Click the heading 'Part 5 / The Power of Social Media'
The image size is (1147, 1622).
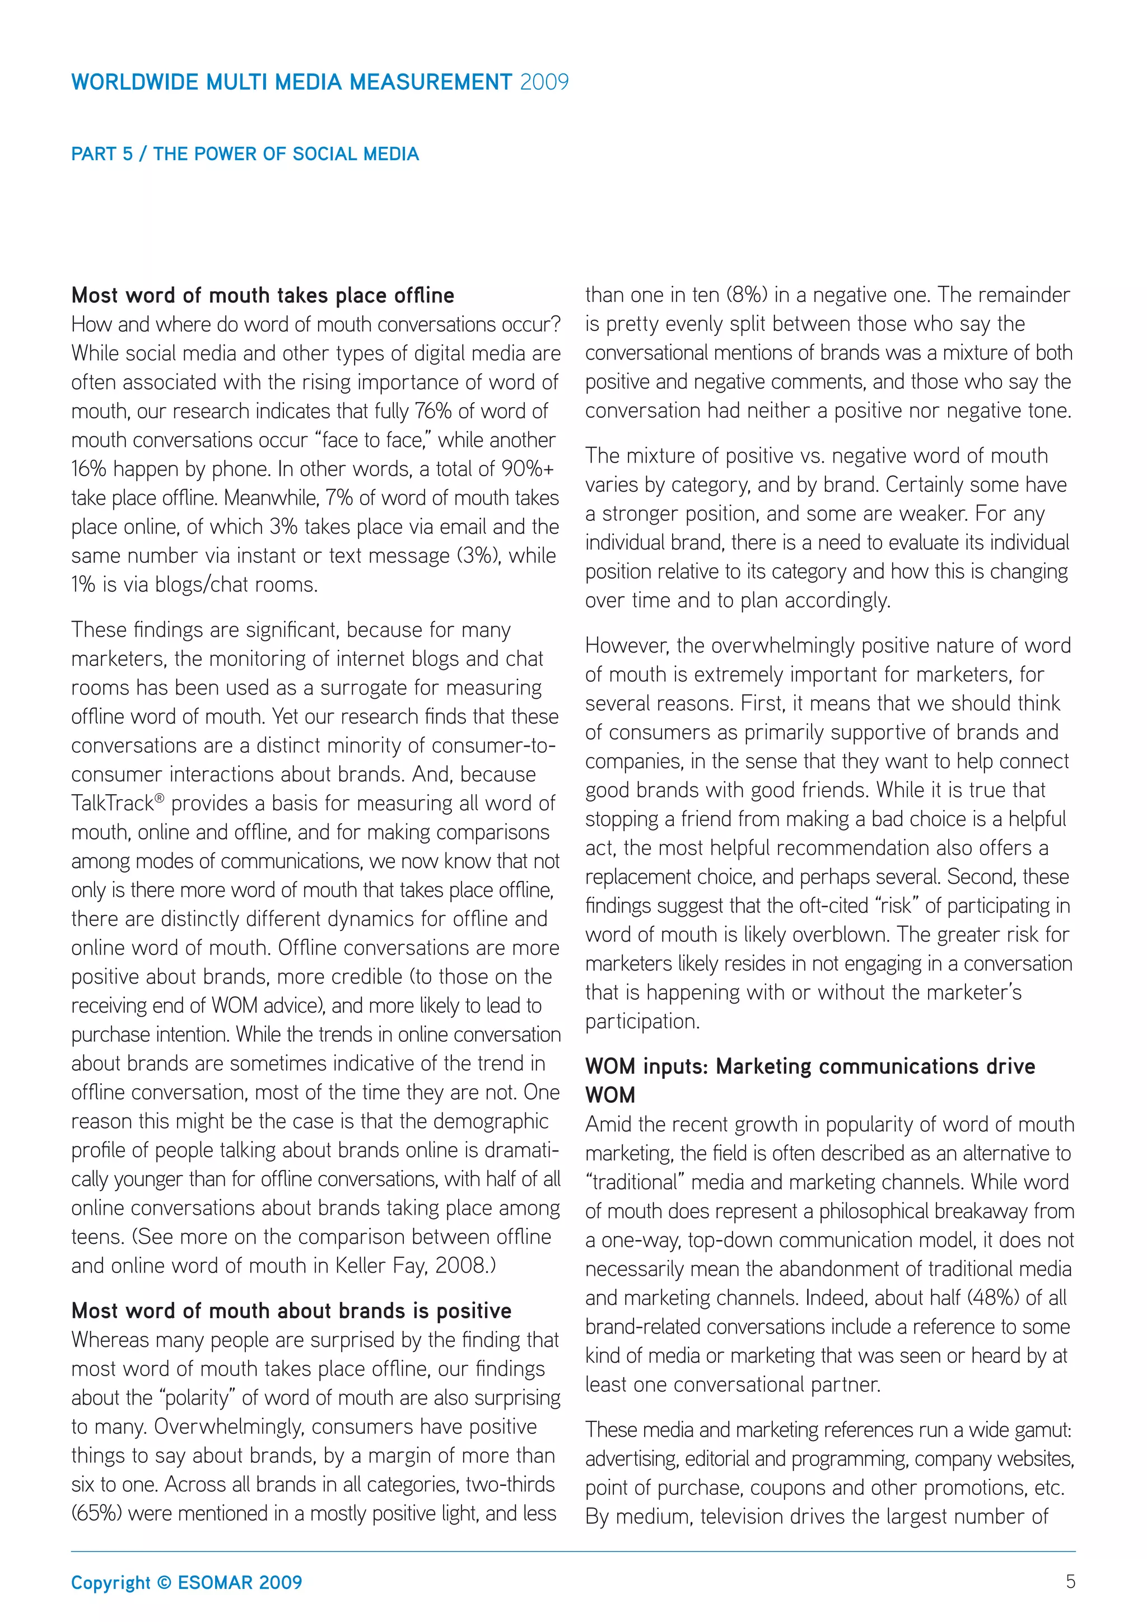[x=245, y=154]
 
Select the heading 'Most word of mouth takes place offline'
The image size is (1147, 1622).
[x=263, y=295]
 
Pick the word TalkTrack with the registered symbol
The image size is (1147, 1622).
[x=116, y=803]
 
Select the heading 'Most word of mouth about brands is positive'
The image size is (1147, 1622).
[x=291, y=1311]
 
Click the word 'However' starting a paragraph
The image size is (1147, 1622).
[x=625, y=646]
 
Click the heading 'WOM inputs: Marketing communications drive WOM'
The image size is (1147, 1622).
[x=810, y=1066]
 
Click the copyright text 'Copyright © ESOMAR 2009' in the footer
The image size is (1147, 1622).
[x=186, y=1582]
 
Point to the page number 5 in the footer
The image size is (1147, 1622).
[x=1070, y=1582]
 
